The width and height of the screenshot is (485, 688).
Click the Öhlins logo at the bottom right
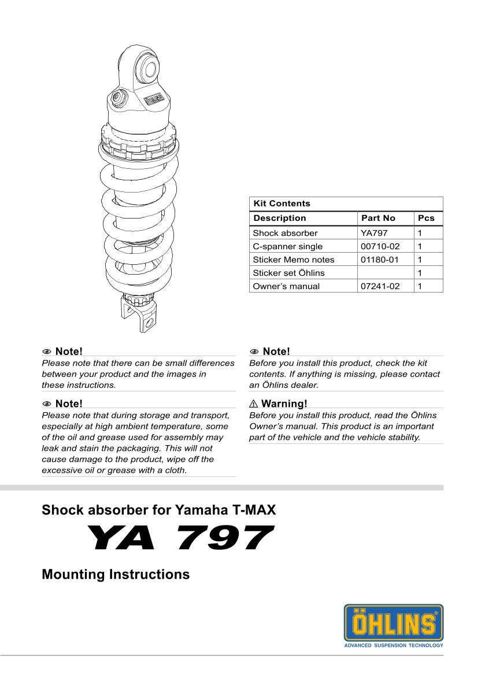(x=394, y=623)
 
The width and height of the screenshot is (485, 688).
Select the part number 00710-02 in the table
(x=380, y=246)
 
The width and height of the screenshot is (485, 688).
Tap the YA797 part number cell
(x=374, y=233)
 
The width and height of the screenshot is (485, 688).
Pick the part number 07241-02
(x=380, y=286)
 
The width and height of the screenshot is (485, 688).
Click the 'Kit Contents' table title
(x=282, y=204)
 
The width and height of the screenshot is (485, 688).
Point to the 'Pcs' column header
(x=426, y=218)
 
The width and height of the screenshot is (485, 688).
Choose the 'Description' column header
(x=280, y=218)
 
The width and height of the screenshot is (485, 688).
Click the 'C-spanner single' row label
(x=287, y=246)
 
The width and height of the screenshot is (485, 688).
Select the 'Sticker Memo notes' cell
(x=293, y=260)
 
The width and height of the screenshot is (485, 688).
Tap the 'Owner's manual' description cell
(x=286, y=286)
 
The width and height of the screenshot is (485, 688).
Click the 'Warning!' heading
(x=284, y=404)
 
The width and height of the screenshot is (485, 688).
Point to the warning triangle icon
(x=254, y=404)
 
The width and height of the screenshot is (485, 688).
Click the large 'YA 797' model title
(x=179, y=539)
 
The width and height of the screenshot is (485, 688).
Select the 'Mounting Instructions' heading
(x=116, y=575)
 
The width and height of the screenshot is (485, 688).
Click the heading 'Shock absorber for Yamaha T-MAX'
(x=159, y=511)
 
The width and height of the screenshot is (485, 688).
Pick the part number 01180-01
(x=380, y=260)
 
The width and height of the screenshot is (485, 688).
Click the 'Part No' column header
(x=378, y=218)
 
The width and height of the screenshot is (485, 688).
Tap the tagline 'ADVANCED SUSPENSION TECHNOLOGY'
(x=394, y=645)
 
